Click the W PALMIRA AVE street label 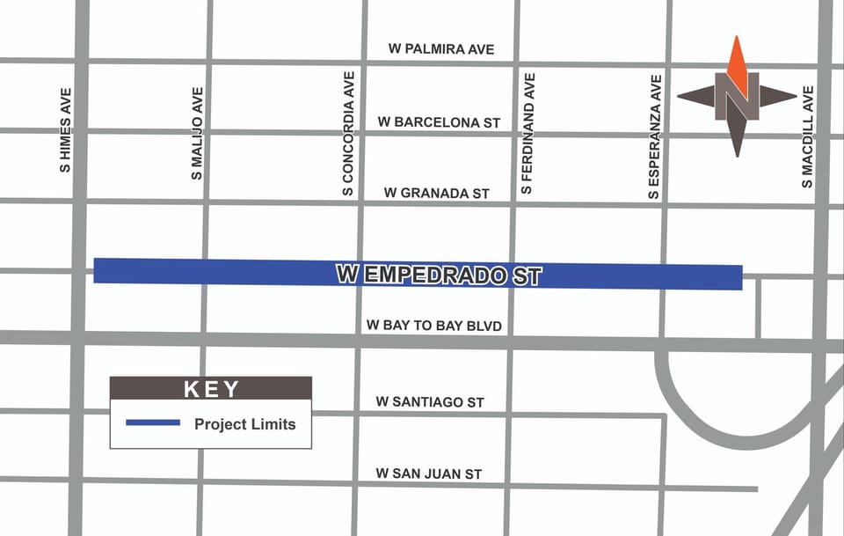point(440,49)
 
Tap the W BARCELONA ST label point(439,122)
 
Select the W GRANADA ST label point(436,193)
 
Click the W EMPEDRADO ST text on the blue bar point(439,275)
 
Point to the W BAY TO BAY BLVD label point(433,327)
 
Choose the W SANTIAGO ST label point(429,402)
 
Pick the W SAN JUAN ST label point(428,474)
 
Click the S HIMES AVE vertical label point(66,129)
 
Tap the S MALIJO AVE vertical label point(197,133)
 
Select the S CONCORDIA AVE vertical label point(349,133)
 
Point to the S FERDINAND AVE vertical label point(527,133)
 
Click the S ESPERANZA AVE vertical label point(654,136)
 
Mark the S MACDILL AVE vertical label point(807,136)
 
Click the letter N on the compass point(737,96)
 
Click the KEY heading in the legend point(211,389)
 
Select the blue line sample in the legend point(152,423)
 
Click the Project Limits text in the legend point(244,424)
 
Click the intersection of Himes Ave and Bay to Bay point(78,338)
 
